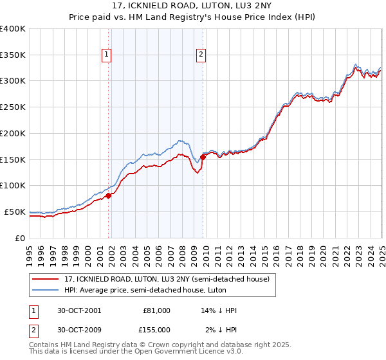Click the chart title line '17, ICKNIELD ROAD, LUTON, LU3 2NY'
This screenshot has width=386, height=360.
(x=193, y=6)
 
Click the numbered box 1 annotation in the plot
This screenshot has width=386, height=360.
(x=106, y=55)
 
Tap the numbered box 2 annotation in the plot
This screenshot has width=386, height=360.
(x=201, y=55)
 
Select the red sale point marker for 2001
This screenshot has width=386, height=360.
(x=109, y=195)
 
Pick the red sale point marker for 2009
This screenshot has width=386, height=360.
(x=203, y=156)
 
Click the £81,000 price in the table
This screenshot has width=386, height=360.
(x=156, y=310)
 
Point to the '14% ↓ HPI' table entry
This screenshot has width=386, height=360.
(x=219, y=310)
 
